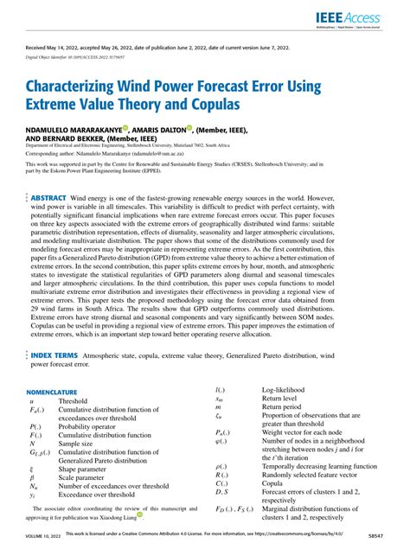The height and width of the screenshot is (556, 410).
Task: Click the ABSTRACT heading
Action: (x=48, y=198)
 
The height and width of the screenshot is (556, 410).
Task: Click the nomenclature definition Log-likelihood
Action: (x=285, y=391)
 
